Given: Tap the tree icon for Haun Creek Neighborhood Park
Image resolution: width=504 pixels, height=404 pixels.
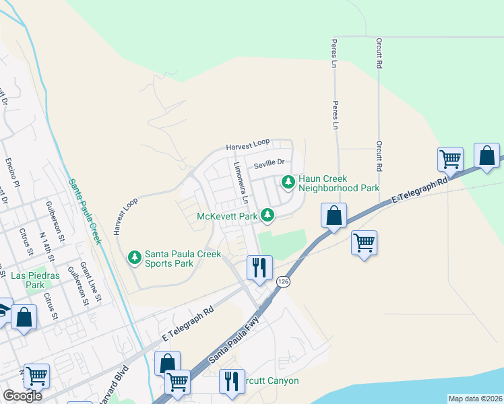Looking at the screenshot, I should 288,182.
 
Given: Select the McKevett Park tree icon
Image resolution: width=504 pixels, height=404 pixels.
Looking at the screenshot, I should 268,215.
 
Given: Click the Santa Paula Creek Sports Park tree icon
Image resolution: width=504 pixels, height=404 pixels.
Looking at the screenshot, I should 135,257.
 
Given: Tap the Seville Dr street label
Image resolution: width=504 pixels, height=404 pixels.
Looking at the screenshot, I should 270,163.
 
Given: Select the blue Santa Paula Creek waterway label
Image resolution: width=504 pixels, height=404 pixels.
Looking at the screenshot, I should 82,211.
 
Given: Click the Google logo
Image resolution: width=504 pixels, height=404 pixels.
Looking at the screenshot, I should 22,396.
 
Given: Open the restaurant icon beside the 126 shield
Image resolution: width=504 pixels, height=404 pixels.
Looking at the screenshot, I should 259,267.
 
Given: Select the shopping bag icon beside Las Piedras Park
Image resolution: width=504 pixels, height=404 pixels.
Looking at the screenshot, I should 24,316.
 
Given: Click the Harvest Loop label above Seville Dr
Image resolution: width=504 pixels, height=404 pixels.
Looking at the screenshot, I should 247,144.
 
